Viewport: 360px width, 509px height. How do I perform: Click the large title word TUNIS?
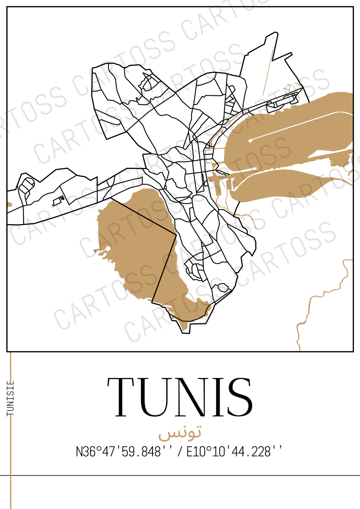[x=180, y=397]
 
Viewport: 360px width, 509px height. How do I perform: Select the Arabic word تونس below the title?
[x=180, y=433]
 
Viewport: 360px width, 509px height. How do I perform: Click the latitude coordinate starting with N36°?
[x=118, y=451]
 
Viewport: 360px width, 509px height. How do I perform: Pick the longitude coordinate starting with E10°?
[x=234, y=451]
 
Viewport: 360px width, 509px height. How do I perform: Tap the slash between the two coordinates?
[x=180, y=451]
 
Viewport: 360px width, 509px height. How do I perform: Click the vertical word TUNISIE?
[x=11, y=398]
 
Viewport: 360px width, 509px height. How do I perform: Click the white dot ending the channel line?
[x=250, y=141]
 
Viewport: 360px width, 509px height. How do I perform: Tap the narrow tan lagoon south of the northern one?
[x=281, y=186]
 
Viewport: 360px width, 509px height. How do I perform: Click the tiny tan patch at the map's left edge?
[x=9, y=204]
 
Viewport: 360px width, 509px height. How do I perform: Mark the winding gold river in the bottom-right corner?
[x=316, y=299]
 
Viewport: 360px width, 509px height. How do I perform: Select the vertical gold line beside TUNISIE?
[x=11, y=457]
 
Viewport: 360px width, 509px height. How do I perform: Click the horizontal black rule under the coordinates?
[x=180, y=476]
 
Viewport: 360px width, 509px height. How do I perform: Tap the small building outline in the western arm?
[x=57, y=201]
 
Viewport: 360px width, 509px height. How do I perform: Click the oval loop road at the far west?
[x=27, y=185]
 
